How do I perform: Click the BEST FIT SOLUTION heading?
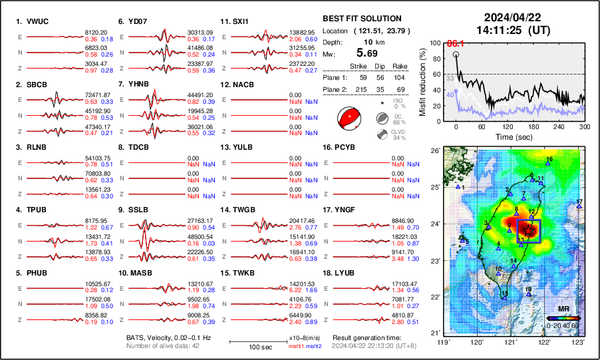361,18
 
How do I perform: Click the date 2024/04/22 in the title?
511,17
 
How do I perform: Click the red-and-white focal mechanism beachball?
349,118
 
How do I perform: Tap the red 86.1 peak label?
454,43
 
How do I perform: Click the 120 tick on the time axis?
508,126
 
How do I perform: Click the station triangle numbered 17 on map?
579,206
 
